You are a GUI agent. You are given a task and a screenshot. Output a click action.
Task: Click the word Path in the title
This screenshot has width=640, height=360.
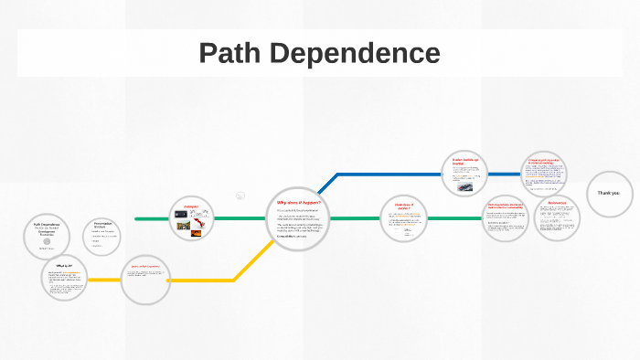pyautogui.click(x=231, y=53)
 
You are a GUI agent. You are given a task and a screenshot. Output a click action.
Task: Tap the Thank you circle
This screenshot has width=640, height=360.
pyautogui.click(x=608, y=194)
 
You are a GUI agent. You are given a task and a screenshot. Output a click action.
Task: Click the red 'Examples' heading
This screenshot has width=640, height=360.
pyautogui.click(x=191, y=206)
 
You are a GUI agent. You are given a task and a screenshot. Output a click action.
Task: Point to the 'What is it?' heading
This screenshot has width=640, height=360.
pyautogui.click(x=64, y=265)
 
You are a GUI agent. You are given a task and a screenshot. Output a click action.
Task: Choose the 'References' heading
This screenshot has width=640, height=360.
pyautogui.click(x=557, y=202)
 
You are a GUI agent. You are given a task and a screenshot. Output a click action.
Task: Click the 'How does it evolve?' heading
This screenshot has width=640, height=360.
pyautogui.click(x=404, y=207)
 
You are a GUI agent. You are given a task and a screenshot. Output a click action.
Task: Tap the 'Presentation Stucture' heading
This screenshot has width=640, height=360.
pyautogui.click(x=108, y=225)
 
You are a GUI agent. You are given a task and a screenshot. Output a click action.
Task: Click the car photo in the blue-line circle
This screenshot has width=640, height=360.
pyautogui.click(x=466, y=186)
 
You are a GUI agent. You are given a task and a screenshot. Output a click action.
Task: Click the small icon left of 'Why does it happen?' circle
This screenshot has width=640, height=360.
pyautogui.click(x=240, y=196)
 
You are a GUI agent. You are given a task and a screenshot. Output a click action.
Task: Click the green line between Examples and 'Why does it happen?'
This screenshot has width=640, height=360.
pyautogui.click(x=240, y=219)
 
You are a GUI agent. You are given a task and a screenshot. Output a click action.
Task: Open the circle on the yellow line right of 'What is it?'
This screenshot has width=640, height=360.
pyautogui.click(x=146, y=279)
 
